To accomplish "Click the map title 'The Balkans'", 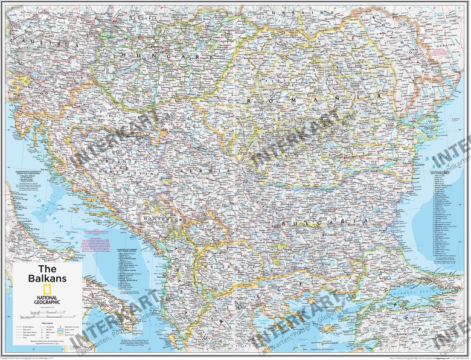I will coord(53,274).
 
